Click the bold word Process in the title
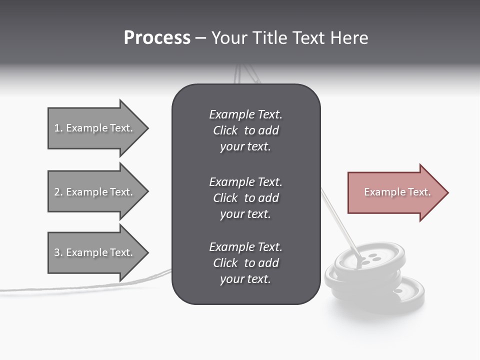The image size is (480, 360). coord(157,38)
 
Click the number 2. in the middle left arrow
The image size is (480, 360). coord(58,192)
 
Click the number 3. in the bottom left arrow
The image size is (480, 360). coord(58,252)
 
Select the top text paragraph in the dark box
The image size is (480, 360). coord(245,130)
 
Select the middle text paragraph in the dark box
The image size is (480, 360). coord(245,198)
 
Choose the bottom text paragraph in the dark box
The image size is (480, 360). coord(245,263)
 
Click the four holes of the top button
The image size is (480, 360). coord(369,258)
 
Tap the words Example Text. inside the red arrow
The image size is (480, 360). coord(397,192)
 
